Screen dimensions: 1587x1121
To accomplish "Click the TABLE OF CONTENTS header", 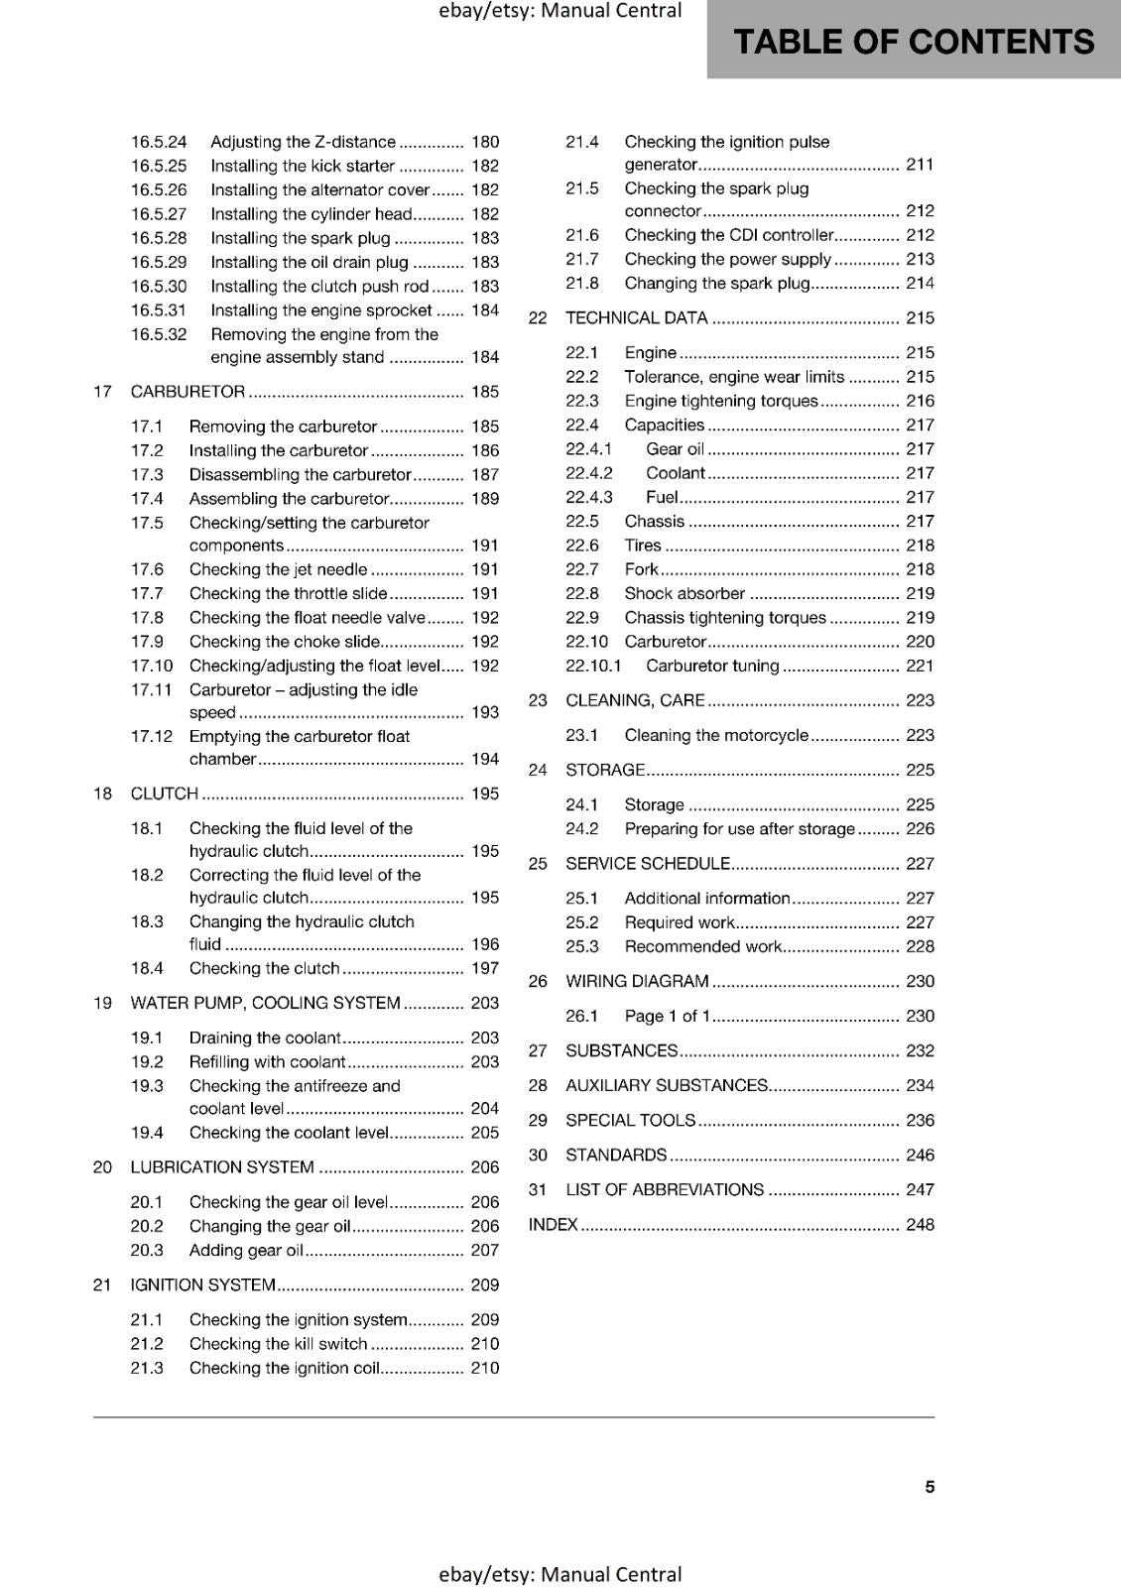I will (914, 42).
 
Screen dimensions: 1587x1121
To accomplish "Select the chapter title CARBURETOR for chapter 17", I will (187, 392).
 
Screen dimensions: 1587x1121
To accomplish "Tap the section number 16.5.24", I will (159, 142).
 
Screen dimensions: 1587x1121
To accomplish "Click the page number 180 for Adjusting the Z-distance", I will (485, 142).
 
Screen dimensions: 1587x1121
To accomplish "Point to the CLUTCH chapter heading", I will (165, 793).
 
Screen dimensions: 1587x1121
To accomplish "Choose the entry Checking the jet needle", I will (278, 569).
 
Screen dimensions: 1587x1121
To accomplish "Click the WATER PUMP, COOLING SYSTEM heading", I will (265, 1003).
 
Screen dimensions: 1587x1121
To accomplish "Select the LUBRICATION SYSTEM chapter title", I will (222, 1167).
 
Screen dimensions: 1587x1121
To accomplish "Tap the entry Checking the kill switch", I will (278, 1344).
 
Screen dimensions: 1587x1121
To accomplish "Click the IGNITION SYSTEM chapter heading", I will (202, 1285).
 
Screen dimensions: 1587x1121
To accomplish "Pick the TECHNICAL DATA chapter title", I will (636, 318).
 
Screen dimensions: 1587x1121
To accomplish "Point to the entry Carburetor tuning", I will (712, 667).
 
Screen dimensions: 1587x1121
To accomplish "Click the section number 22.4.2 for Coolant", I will (589, 473).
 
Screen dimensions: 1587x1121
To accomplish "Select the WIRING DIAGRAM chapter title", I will (637, 982).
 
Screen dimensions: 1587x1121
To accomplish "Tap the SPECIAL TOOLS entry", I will (630, 1121).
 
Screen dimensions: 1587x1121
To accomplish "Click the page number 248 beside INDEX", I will (920, 1225).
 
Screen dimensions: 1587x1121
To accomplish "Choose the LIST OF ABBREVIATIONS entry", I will (665, 1190).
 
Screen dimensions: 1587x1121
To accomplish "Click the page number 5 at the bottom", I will (930, 1487).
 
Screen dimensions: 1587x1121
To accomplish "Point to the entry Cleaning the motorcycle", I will (716, 736).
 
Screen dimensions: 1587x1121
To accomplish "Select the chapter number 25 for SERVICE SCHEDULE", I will (538, 864).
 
